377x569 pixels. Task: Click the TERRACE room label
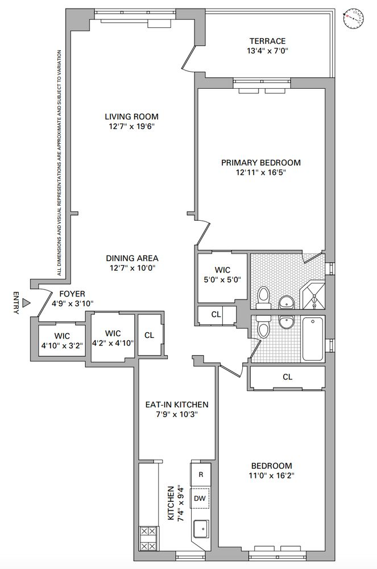click(267, 41)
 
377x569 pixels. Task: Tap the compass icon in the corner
click(353, 19)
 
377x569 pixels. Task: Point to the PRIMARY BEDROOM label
click(260, 162)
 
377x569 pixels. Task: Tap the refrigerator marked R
click(200, 474)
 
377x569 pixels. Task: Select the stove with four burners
click(148, 538)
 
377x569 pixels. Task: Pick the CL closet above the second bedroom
click(287, 377)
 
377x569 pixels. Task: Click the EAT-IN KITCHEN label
click(176, 405)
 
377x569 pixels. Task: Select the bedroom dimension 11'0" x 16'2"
click(271, 475)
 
